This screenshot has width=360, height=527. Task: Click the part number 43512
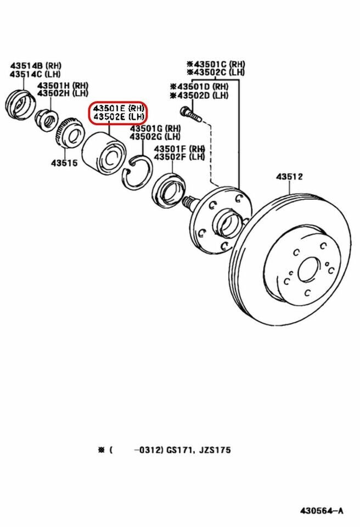tap(289, 177)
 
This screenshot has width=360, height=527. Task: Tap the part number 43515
tap(65, 162)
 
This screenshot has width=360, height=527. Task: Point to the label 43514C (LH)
tap(35, 75)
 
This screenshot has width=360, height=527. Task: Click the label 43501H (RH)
tap(63, 85)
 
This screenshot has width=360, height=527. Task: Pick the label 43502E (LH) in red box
tap(119, 117)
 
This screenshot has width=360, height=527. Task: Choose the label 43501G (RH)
tap(155, 128)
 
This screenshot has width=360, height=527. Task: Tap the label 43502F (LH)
tap(179, 157)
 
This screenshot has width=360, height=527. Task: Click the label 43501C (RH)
tap(216, 64)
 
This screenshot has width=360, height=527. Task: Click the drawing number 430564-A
tap(322, 511)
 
